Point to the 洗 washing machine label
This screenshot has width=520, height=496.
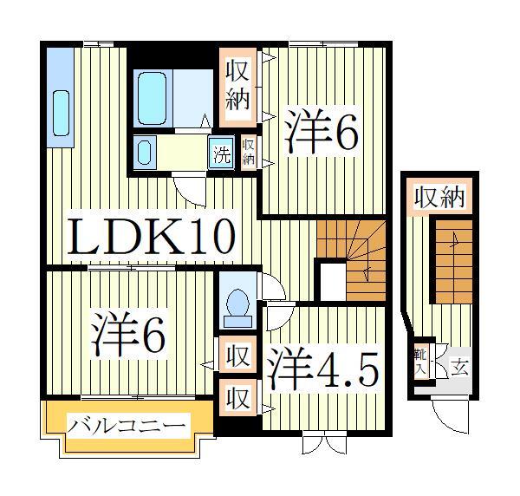[x=223, y=156]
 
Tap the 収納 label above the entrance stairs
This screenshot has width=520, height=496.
[x=439, y=197]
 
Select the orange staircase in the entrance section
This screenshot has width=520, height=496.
[x=453, y=260]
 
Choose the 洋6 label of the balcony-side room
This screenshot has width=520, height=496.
[x=128, y=335]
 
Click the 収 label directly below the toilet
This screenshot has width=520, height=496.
[x=237, y=355]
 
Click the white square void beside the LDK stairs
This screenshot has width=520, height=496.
[x=330, y=280]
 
